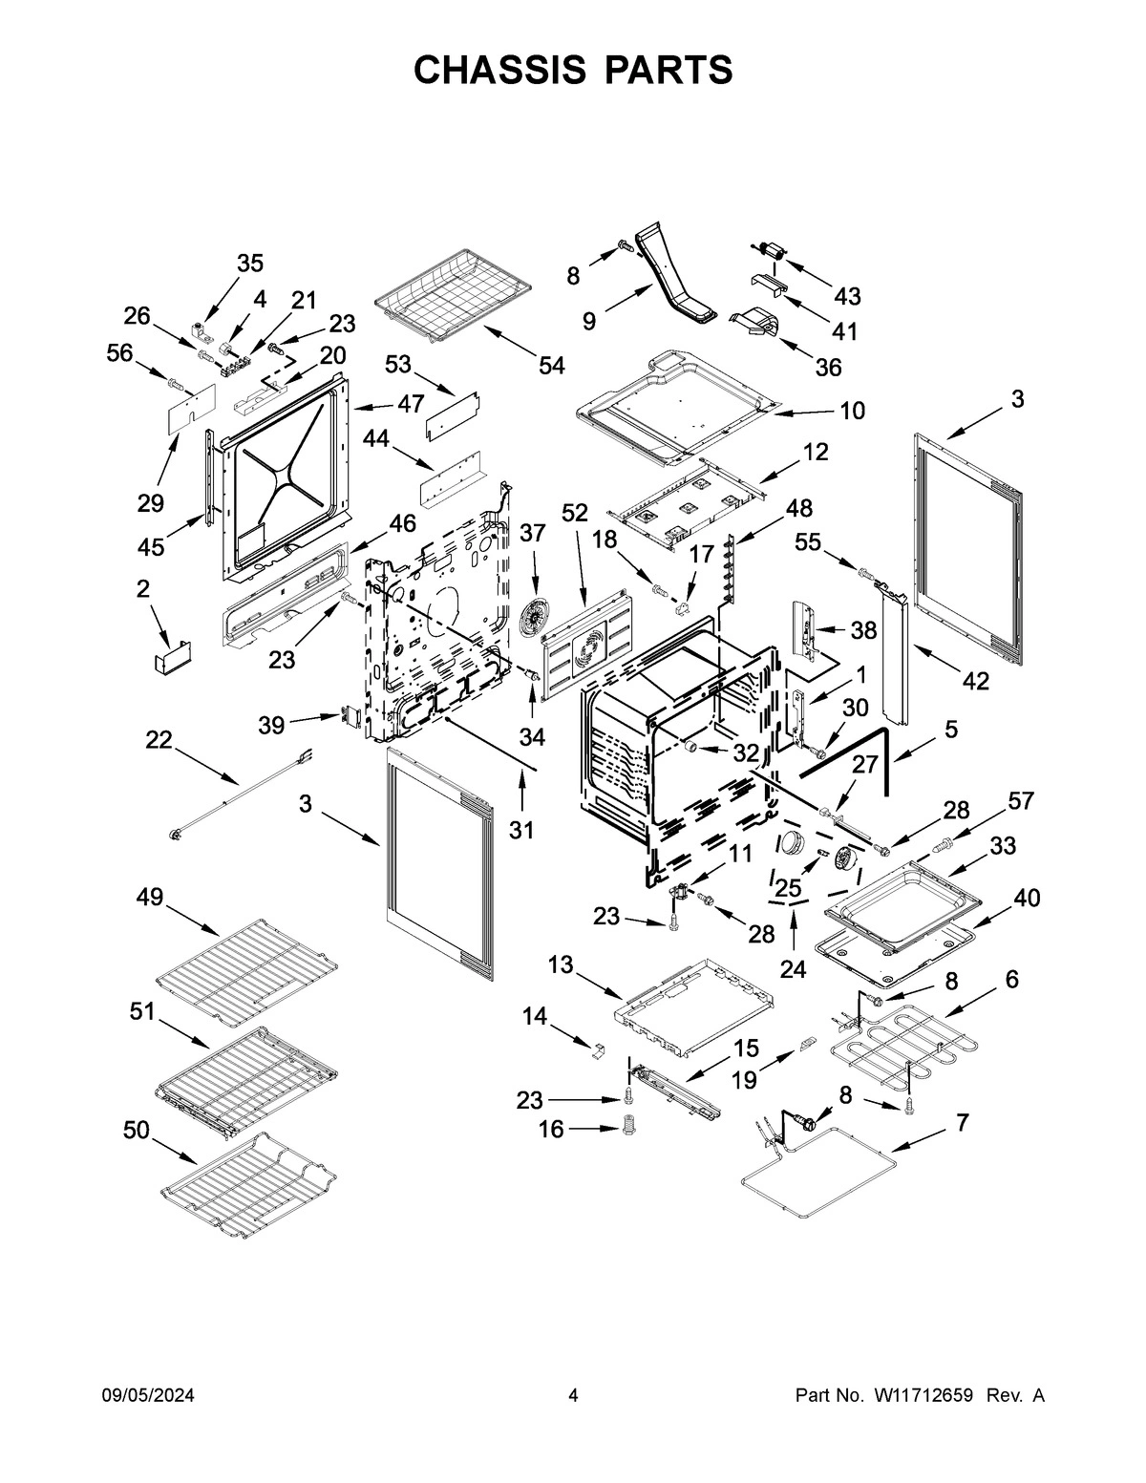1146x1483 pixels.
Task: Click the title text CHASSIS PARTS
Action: pos(573,70)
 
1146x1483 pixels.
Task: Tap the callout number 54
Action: pos(551,365)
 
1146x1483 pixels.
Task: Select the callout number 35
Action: pos(250,264)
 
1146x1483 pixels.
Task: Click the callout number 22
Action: pos(159,739)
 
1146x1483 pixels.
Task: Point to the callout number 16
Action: pos(551,1130)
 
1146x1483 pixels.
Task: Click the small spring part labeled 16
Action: pos(628,1127)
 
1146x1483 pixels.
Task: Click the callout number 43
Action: pos(847,296)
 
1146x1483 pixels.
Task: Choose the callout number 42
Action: pos(975,681)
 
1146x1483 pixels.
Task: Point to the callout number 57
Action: pos(1021,800)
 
